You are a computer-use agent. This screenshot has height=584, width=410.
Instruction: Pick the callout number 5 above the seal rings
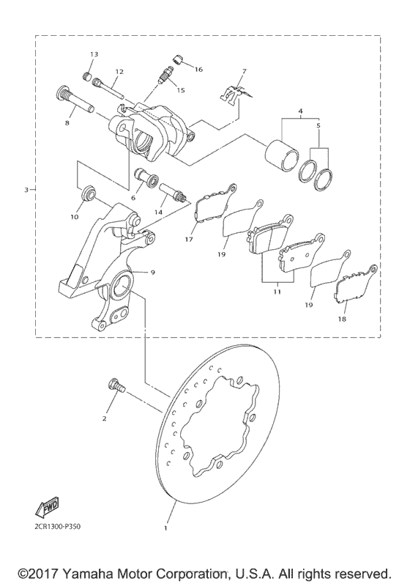(x=318, y=126)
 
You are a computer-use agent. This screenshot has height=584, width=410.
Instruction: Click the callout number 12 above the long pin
(x=118, y=71)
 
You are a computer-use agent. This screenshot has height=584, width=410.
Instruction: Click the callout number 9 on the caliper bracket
(x=153, y=272)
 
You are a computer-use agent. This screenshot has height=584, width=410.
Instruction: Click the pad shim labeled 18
(x=355, y=287)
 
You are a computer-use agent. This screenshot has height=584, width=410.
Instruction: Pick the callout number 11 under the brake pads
(x=276, y=291)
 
